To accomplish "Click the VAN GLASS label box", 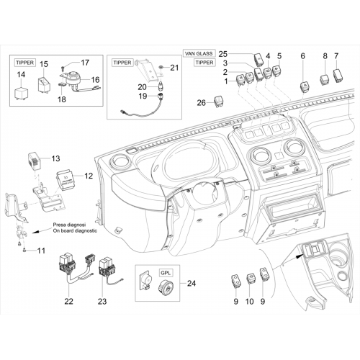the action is [x=199, y=53].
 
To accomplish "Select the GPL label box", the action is [x=166, y=273].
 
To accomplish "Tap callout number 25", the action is [x=223, y=54].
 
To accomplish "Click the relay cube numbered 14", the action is [x=22, y=93].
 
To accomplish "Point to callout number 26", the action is [x=202, y=103].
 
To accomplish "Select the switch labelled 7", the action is [x=338, y=75].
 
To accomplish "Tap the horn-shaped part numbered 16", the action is [x=72, y=78].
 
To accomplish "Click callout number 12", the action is [x=89, y=176].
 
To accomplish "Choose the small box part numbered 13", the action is [x=35, y=161].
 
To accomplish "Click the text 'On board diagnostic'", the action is [x=75, y=230].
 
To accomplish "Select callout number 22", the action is [x=68, y=301].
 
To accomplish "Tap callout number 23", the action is [x=102, y=301].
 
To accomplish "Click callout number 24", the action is [x=192, y=284].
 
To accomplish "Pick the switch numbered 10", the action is [x=251, y=279].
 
